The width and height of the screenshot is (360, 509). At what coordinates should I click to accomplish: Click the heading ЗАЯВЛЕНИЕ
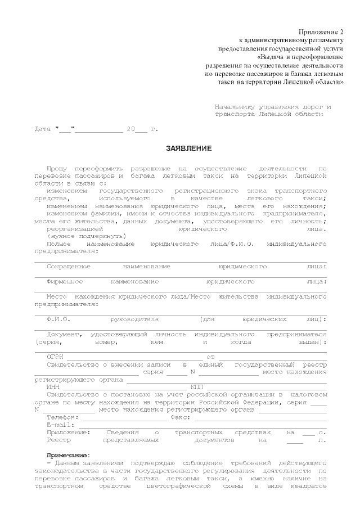(x=188, y=148)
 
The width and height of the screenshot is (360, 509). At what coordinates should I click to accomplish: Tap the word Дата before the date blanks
(x=43, y=129)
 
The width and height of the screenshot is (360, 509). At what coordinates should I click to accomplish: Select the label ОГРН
(x=55, y=357)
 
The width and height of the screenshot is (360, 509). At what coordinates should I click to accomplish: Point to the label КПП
(x=197, y=387)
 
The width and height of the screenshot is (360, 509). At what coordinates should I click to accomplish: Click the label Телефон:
(x=63, y=417)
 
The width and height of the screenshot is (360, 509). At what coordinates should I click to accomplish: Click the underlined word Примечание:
(x=68, y=454)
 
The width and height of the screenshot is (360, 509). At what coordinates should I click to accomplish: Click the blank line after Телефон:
(x=125, y=420)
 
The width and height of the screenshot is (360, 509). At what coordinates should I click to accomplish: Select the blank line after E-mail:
(x=197, y=427)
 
